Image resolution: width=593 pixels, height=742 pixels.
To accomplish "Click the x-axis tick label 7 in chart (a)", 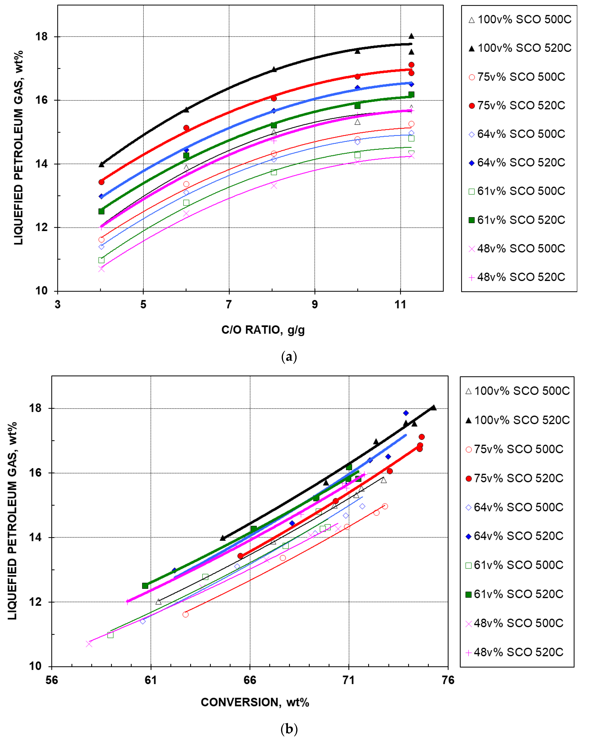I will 229,304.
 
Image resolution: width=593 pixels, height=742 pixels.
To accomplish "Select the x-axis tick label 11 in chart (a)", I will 400,304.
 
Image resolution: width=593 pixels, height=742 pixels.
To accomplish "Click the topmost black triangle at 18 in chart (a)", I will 411,36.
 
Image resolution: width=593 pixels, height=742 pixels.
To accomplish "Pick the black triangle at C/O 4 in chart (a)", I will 101,164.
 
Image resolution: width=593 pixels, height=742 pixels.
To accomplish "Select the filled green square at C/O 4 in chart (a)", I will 101,211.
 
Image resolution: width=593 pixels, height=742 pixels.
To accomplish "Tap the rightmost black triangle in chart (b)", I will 434,407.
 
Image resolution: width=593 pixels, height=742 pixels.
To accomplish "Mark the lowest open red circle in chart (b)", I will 185,614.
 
